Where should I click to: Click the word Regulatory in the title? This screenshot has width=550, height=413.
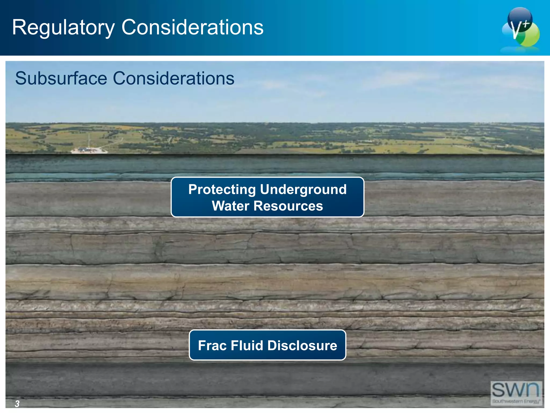tap(63, 27)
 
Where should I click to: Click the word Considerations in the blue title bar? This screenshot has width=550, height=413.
tap(192, 27)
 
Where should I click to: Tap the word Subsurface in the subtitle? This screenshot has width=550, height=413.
tap(61, 79)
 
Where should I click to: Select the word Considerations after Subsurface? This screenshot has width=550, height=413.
tap(173, 79)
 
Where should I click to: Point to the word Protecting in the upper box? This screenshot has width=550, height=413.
tap(222, 189)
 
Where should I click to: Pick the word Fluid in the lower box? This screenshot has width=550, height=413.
tap(247, 346)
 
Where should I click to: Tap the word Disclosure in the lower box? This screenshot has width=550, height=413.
tap(302, 346)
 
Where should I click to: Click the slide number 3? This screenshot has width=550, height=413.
tap(17, 404)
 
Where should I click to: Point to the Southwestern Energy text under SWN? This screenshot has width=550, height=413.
tap(516, 401)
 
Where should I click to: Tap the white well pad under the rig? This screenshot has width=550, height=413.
tap(89, 151)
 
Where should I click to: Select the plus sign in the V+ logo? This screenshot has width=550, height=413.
tap(526, 24)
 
